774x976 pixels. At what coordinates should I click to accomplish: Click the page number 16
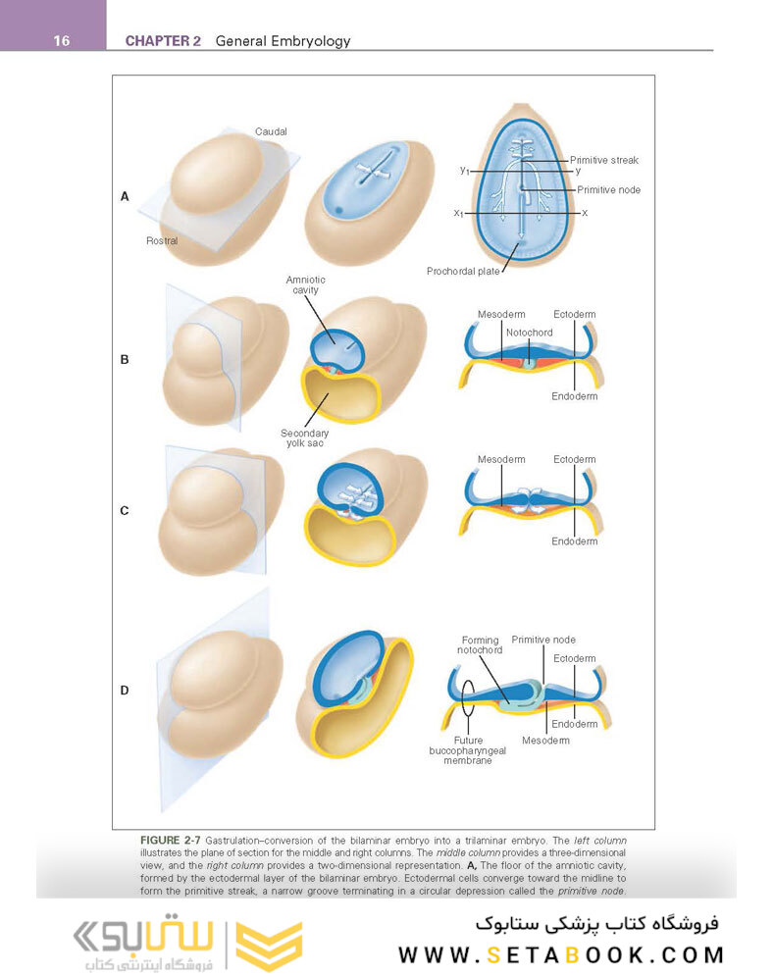click(60, 41)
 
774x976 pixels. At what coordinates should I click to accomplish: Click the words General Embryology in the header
click(283, 41)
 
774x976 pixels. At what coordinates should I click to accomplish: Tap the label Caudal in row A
click(271, 131)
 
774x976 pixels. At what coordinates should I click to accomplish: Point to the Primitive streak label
click(605, 160)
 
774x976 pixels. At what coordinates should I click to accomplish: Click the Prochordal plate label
click(462, 271)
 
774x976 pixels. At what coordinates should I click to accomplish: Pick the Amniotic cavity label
click(305, 285)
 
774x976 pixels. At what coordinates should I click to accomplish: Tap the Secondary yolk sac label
click(305, 437)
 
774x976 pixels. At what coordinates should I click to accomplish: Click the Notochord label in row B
click(529, 333)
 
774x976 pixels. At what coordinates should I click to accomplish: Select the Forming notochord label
click(480, 645)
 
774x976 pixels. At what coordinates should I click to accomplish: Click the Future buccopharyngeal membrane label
click(461, 750)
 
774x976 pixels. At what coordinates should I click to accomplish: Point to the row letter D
click(125, 691)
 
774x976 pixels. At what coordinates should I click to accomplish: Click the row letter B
click(125, 360)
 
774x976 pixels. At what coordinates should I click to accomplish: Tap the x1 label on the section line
click(458, 213)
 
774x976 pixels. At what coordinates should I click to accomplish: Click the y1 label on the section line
click(464, 170)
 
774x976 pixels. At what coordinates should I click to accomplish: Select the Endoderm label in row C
click(574, 541)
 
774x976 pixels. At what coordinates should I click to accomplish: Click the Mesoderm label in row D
click(545, 740)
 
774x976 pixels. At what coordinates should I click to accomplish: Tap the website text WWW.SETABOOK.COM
click(560, 954)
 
